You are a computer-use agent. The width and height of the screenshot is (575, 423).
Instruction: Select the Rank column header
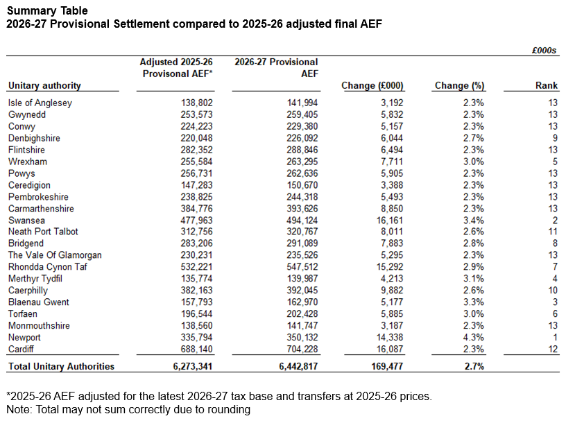pos(547,85)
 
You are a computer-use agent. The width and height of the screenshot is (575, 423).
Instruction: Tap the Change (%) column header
pos(458,85)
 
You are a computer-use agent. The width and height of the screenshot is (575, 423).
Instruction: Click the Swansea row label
pos(26,220)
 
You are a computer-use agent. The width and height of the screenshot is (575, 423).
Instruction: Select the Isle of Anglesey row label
pos(40,103)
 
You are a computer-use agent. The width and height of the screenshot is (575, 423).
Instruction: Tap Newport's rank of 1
pos(555,336)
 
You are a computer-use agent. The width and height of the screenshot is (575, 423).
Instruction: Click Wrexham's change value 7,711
pos(389,161)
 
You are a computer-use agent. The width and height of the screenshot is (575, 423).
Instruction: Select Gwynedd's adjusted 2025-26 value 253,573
pos(196,114)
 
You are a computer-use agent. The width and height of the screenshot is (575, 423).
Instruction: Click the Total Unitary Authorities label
pos(61,366)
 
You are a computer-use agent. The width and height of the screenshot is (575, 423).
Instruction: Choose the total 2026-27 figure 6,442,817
pos(294,366)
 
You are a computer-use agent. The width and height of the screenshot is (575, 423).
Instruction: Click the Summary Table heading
pos(48,10)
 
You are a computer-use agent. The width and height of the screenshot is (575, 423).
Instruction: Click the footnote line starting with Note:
pos(128,409)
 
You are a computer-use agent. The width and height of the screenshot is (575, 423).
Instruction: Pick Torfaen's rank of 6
pos(555,313)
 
